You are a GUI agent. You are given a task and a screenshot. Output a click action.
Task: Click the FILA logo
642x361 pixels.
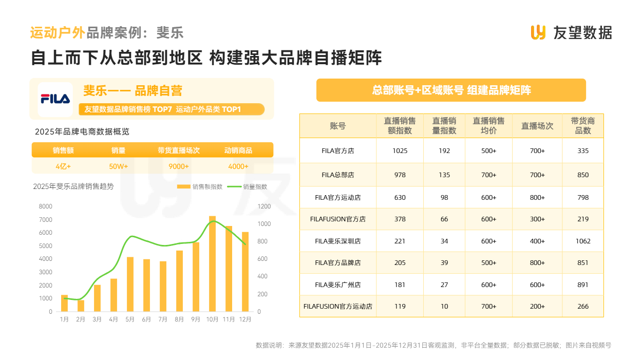click(x=55, y=99)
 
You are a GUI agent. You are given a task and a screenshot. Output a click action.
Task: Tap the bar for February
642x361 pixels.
click(x=81, y=306)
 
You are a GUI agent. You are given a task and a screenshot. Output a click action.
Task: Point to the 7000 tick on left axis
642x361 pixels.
click(x=46, y=220)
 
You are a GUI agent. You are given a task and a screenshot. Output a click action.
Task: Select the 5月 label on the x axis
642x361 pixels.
click(x=130, y=319)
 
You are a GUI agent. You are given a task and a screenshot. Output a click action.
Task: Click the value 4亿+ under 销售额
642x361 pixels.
click(x=63, y=166)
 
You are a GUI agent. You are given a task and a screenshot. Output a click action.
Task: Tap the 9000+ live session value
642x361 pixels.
click(x=179, y=166)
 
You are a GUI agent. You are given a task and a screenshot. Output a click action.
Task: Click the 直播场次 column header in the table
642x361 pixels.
click(x=537, y=126)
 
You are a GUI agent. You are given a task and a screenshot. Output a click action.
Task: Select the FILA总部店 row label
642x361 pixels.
click(x=338, y=175)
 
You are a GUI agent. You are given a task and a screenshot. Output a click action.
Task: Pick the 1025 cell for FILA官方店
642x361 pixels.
click(x=400, y=151)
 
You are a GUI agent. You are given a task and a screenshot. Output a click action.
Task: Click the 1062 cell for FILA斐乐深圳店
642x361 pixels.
click(x=583, y=241)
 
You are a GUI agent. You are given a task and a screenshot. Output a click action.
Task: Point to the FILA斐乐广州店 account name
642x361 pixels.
click(x=338, y=284)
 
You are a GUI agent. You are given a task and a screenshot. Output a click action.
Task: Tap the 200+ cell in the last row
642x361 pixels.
click(x=537, y=307)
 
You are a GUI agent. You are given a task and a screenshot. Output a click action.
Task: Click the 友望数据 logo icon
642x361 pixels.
click(x=538, y=32)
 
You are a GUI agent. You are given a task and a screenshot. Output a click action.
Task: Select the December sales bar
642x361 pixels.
click(x=245, y=272)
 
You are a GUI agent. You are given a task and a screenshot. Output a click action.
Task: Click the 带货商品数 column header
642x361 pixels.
click(x=583, y=126)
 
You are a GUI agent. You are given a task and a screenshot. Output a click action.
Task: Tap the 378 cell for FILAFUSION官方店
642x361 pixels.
click(x=400, y=219)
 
